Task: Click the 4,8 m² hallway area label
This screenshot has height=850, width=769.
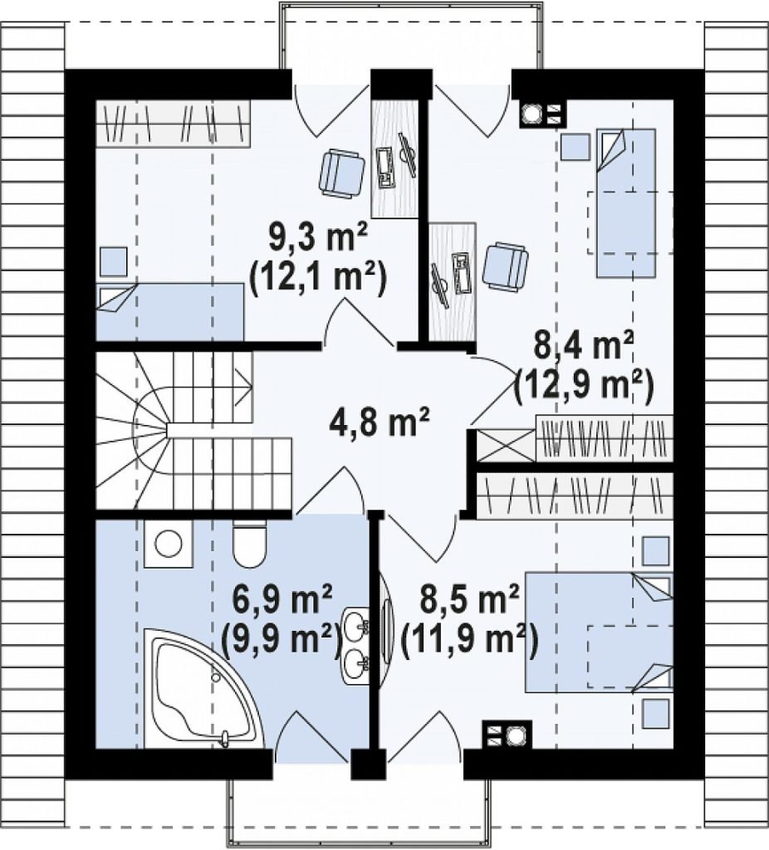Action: [379, 423]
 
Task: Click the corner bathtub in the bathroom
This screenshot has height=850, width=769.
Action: [203, 688]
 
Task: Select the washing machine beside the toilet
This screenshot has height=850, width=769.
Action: [168, 544]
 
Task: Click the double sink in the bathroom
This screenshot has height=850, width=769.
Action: [356, 645]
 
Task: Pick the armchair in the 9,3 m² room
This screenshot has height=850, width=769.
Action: [341, 173]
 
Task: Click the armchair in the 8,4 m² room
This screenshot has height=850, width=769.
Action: [505, 266]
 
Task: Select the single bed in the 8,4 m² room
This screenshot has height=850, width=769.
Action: [626, 203]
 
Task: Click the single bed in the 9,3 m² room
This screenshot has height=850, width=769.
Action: [169, 312]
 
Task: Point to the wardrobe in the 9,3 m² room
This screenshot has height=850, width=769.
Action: [173, 124]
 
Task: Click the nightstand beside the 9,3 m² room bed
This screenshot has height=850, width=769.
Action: [113, 261]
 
